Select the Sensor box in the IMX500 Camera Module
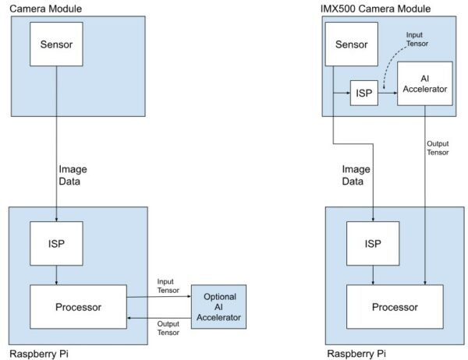351,44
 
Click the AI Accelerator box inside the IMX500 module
424,83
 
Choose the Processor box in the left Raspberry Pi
78,307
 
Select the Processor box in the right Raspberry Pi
395,307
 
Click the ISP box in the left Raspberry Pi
56,244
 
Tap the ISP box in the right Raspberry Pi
373,244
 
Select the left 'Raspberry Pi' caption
39,353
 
